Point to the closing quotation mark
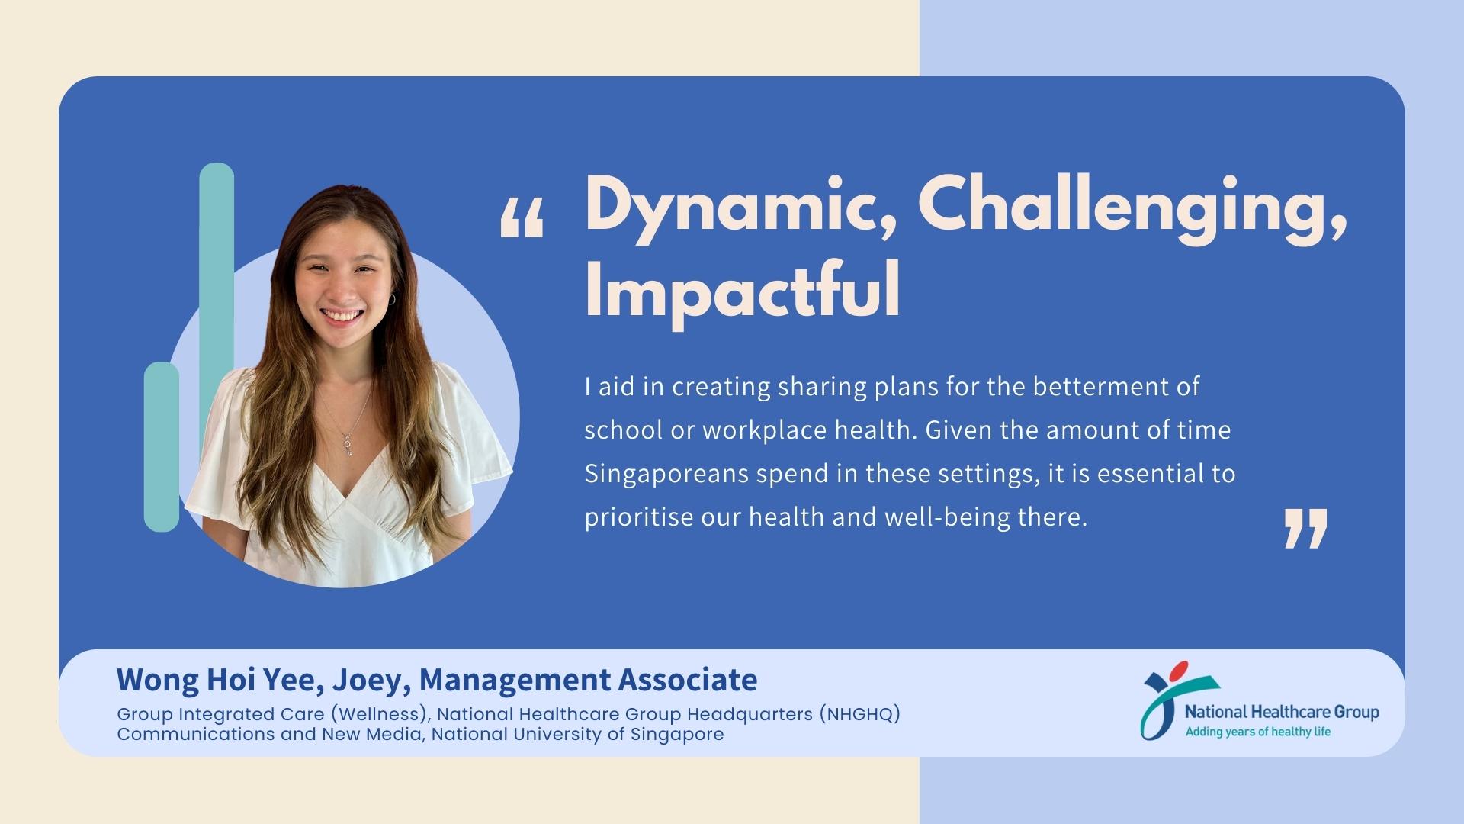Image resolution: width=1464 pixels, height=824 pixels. (x=1306, y=528)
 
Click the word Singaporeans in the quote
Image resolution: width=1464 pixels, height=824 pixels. (x=666, y=475)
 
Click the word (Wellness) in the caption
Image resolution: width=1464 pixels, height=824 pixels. (x=382, y=715)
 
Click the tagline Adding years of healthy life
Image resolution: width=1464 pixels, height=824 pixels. (x=1257, y=732)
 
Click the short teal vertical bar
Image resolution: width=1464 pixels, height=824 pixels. (x=162, y=446)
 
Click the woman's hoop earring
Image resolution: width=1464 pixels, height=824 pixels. (x=391, y=299)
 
